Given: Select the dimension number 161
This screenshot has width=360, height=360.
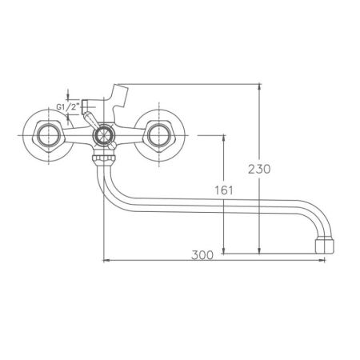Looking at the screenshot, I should point(225,192).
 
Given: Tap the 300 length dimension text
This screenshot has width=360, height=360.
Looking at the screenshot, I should point(204,255).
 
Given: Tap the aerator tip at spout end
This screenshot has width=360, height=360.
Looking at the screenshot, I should point(323,245).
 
